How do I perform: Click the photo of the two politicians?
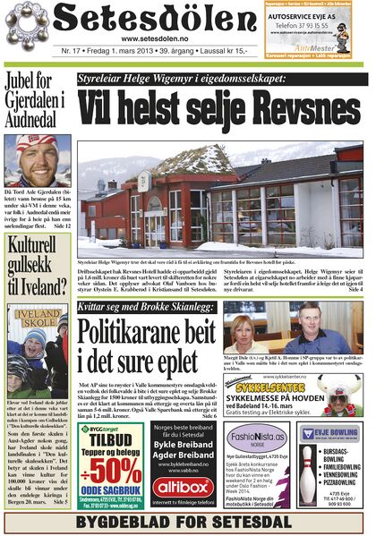point(293,328)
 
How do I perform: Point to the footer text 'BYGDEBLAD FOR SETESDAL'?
point(187,522)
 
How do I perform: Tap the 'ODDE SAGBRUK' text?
point(111,490)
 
